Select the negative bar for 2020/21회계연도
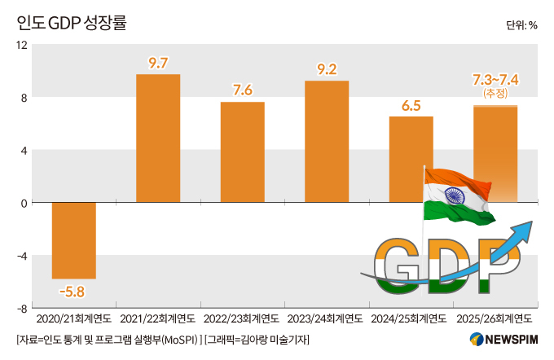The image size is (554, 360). [74, 240]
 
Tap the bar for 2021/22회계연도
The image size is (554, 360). [158, 138]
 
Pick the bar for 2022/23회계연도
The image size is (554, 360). [243, 152]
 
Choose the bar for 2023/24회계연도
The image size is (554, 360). [327, 142]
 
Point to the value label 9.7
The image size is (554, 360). [158, 63]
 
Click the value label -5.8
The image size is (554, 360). [72, 291]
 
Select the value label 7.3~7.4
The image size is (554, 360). [496, 80]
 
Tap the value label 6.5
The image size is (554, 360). [411, 105]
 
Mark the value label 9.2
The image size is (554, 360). [327, 69]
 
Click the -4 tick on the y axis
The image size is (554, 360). [23, 256]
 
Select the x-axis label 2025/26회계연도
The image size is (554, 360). [495, 318]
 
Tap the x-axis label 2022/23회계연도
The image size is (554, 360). [242, 318]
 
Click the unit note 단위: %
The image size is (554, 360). [521, 25]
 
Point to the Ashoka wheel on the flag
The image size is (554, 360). [455, 195]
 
